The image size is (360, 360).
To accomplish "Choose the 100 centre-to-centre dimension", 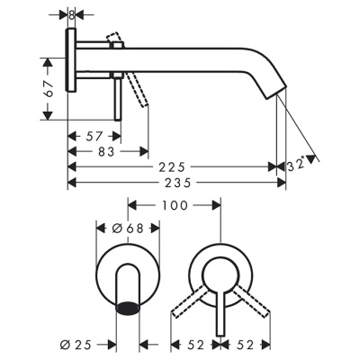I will [175, 205].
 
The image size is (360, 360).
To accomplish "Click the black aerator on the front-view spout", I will [130, 309].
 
